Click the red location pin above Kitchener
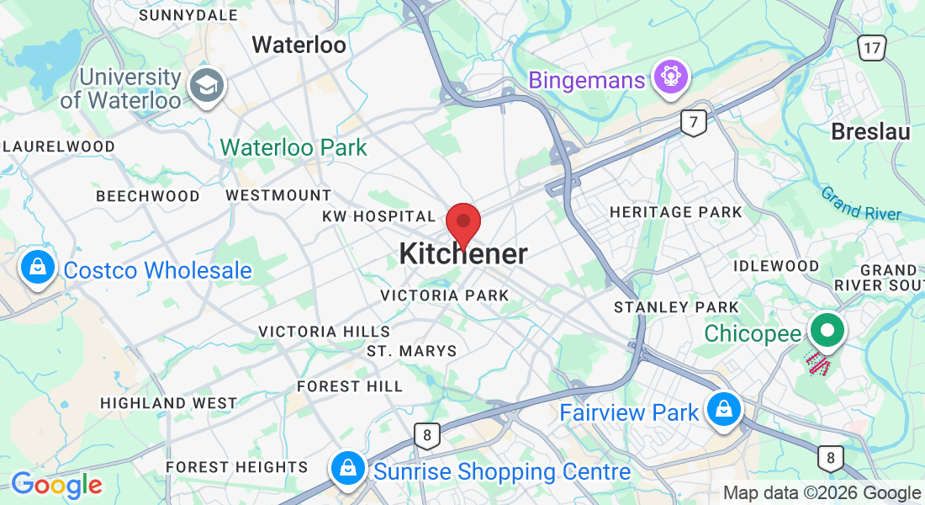click(462, 222)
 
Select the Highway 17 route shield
click(872, 47)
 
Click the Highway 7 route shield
click(693, 123)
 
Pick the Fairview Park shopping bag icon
click(722, 410)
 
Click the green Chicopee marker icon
click(827, 330)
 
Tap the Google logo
click(56, 485)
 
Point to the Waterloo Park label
click(293, 148)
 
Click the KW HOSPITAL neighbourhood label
click(378, 217)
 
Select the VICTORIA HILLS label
click(324, 332)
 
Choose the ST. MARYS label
click(412, 351)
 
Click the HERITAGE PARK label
click(676, 212)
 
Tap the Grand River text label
click(860, 204)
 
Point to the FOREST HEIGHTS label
click(237, 467)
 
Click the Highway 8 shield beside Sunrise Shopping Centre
click(427, 435)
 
